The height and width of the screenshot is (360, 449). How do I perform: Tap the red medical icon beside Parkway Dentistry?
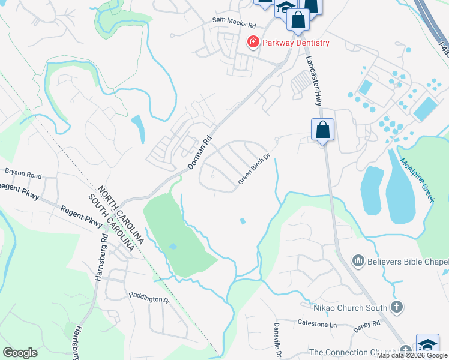click(253, 42)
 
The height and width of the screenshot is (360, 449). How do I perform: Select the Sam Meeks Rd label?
click(234, 26)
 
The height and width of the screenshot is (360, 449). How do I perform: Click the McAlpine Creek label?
click(417, 180)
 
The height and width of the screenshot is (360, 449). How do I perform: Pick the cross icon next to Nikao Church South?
click(396, 308)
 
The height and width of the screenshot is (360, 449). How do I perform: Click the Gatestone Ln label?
click(318, 323)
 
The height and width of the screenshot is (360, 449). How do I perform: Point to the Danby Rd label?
click(367, 323)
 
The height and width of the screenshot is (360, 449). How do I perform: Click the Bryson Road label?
click(23, 175)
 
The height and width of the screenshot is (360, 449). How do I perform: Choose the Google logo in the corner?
click(20, 353)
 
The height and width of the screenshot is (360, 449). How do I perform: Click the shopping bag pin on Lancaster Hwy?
click(322, 130)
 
